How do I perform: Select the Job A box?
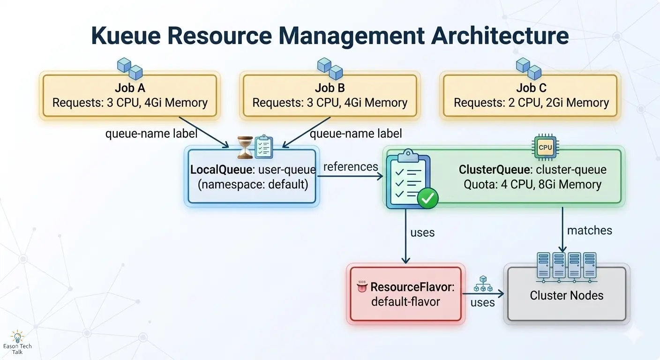point(130,96)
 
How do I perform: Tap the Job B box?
point(330,96)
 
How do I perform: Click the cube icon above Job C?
point(528,68)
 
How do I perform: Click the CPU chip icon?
point(545,147)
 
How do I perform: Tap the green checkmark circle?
point(427,199)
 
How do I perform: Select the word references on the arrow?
point(351,166)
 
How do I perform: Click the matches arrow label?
point(589,230)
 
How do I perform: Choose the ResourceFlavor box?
point(405,294)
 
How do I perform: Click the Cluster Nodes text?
point(567,295)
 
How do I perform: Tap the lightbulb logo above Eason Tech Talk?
point(17,337)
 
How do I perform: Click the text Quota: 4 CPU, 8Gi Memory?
point(532,184)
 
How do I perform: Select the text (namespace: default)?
point(253,184)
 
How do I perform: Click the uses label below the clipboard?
point(422,232)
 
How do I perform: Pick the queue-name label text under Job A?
point(151,134)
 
